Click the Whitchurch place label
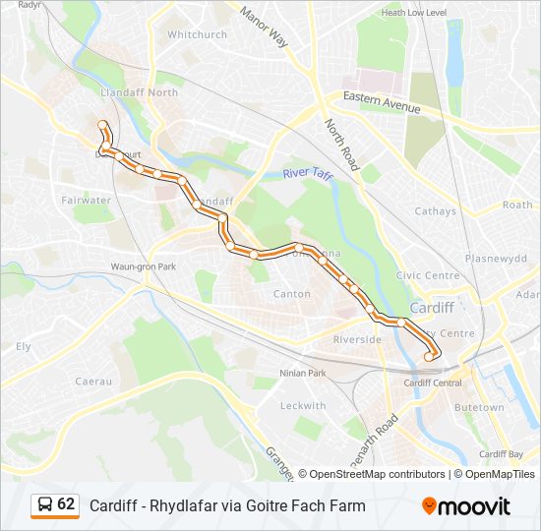[197, 34]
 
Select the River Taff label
[308, 174]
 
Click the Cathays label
[435, 210]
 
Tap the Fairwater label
[86, 200]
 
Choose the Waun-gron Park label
[143, 266]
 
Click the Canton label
[292, 294]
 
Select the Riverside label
[358, 339]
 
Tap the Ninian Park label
[303, 374]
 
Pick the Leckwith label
[303, 405]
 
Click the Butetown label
[479, 407]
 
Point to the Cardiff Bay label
[501, 454]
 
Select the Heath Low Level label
[414, 13]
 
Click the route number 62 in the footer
[67, 504]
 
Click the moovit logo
[466, 505]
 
